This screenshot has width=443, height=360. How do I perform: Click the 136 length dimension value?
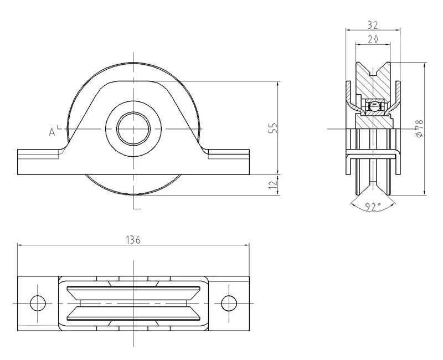[133, 240]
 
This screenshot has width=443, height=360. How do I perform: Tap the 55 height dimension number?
[273, 128]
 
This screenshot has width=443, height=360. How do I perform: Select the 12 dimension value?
[273, 184]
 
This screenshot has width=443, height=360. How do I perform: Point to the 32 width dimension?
[373, 25]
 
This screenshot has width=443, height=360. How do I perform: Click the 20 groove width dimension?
[373, 39]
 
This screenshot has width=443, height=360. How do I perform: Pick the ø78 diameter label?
[420, 128]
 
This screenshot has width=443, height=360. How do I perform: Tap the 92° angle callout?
[373, 207]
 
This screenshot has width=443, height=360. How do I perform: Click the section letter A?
[51, 132]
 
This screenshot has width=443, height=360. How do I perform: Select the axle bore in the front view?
[133, 129]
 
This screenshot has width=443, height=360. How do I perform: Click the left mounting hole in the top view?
[38, 303]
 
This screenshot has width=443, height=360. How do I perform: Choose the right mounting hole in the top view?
[229, 303]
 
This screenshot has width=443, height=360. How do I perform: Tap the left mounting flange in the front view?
[39, 162]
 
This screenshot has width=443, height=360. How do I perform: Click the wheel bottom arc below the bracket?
[133, 194]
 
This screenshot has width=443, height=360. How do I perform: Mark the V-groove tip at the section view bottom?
[373, 183]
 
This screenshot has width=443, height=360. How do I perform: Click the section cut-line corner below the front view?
[133, 209]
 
